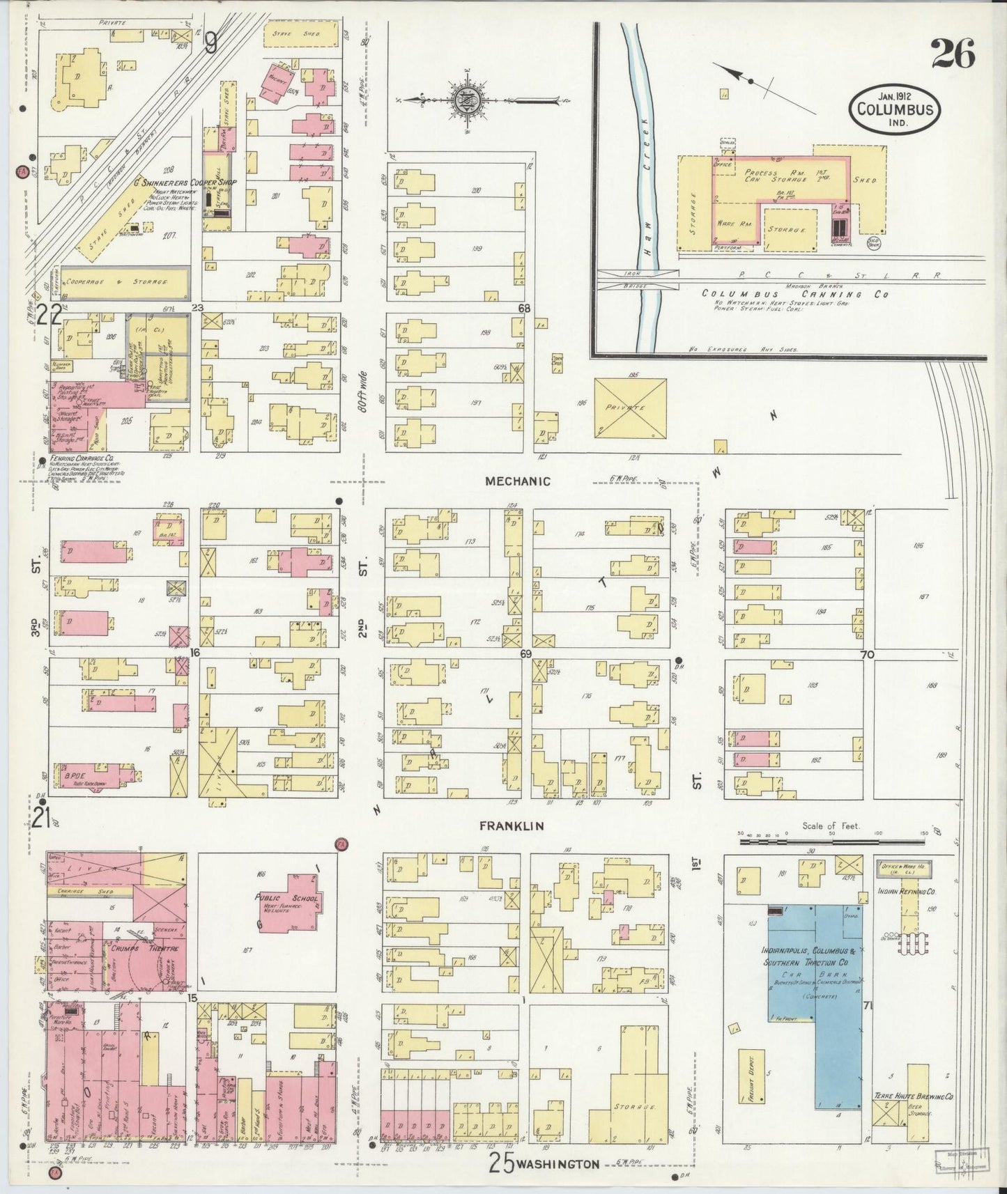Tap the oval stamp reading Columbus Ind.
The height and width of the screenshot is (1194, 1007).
pyautogui.click(x=895, y=110)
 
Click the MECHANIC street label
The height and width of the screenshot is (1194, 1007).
pyautogui.click(x=518, y=481)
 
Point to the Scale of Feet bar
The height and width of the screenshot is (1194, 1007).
pyautogui.click(x=831, y=842)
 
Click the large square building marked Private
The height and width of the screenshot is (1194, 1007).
pyautogui.click(x=630, y=408)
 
